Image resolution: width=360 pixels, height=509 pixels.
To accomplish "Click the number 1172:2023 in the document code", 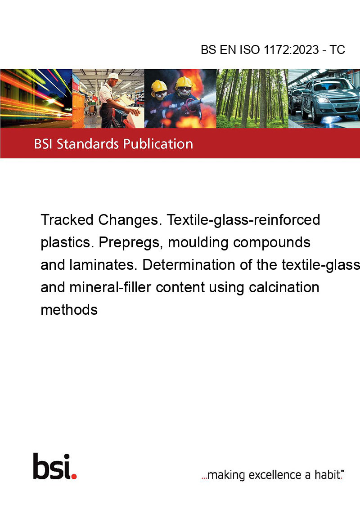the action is [x=291, y=49].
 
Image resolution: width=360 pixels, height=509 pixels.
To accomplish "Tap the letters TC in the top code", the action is [x=337, y=49].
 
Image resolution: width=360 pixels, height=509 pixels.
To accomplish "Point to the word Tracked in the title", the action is [x=67, y=220].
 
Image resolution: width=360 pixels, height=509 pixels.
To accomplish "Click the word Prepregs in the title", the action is [x=130, y=242].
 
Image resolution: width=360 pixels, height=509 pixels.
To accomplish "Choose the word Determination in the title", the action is [x=189, y=264].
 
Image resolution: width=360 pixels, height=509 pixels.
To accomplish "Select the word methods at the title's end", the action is [x=69, y=310].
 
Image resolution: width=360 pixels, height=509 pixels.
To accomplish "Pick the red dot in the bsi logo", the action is [x=74, y=476].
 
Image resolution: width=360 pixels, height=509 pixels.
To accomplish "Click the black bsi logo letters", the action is [x=52, y=466].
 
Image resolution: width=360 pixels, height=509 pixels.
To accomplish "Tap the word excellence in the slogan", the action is [x=275, y=475].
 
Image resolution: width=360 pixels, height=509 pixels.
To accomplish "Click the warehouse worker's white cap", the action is [x=114, y=76].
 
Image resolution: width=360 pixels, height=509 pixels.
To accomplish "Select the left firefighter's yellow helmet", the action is [x=159, y=86].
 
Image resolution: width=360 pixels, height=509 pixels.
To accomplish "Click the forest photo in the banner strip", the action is [x=252, y=98].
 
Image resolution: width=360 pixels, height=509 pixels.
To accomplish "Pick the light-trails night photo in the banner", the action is [x=36, y=98].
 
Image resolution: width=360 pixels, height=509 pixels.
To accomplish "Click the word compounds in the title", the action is [x=272, y=242].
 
